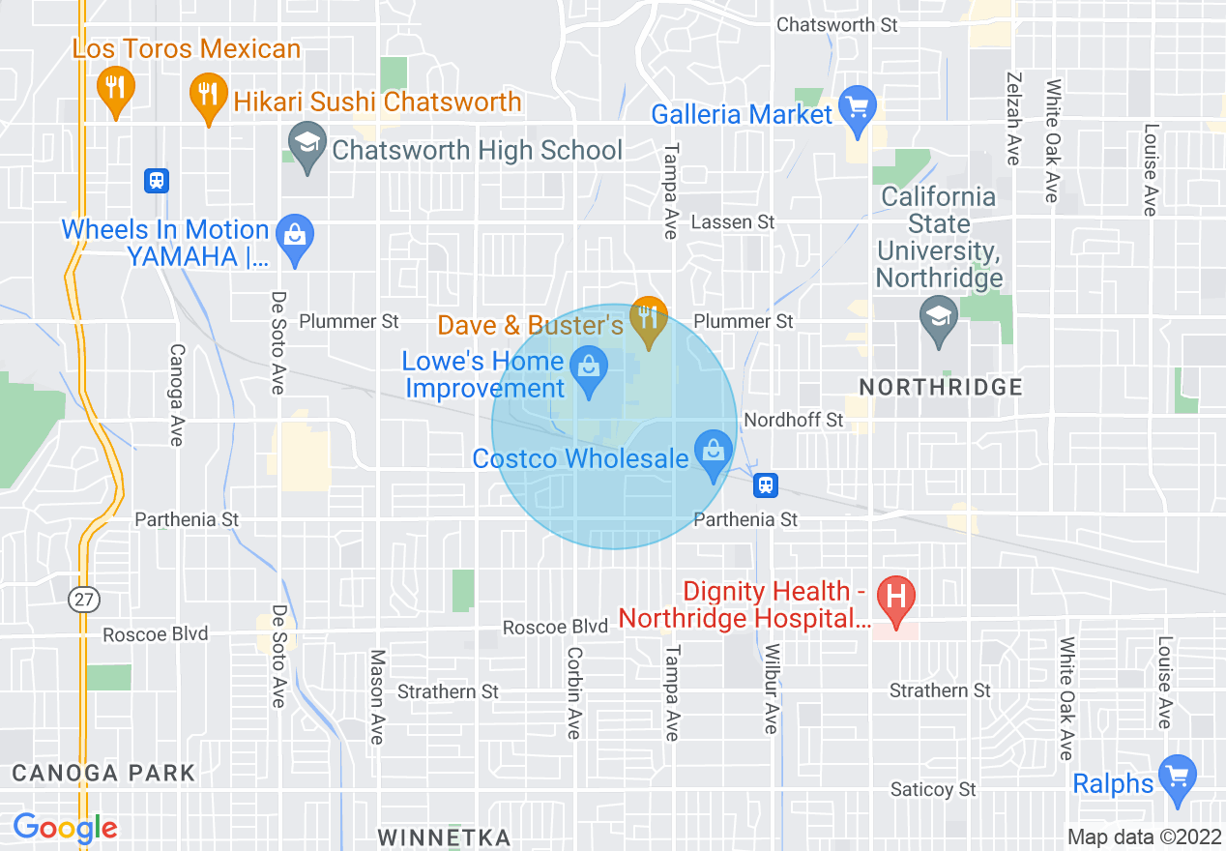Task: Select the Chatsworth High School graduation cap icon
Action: click(x=306, y=146)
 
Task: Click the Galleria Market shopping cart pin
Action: click(x=857, y=109)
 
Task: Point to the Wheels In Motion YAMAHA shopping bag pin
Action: click(x=294, y=237)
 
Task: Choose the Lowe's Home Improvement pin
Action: click(x=588, y=370)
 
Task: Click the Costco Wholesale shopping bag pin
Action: click(x=714, y=453)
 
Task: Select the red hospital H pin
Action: click(x=895, y=598)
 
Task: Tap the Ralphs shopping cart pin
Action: click(x=1177, y=778)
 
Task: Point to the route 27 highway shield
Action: click(x=84, y=600)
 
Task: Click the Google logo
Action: click(x=65, y=828)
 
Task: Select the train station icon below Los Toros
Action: click(x=156, y=180)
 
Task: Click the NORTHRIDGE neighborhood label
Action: click(x=940, y=387)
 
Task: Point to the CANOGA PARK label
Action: click(x=103, y=773)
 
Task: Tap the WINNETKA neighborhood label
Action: click(x=443, y=836)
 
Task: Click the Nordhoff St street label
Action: click(x=793, y=420)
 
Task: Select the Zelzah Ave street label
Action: click(x=1013, y=118)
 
